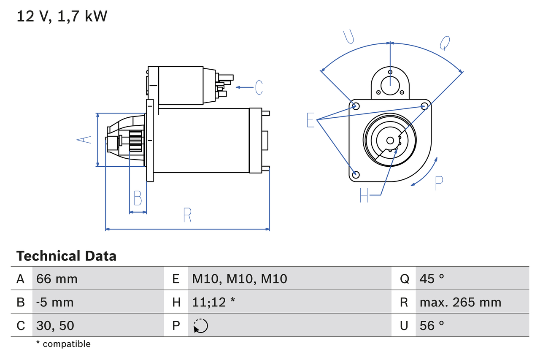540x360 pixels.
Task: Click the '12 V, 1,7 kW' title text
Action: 62,16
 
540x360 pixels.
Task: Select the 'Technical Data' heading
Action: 66,256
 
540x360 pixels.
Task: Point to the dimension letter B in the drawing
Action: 138,198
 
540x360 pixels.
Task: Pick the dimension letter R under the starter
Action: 187,215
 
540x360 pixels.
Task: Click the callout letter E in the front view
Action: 310,120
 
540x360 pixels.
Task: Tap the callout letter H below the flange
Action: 364,195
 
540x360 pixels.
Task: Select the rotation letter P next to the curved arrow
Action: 439,183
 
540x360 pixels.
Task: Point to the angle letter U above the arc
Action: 348,37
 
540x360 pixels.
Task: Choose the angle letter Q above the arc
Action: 445,43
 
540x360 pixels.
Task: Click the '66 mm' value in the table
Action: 57,279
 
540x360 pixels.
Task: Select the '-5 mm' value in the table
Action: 55,302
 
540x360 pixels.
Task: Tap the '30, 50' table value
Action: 55,325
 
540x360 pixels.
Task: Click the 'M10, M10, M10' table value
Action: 240,279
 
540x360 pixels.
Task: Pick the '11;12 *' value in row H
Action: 213,302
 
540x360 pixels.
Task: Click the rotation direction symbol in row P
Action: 201,326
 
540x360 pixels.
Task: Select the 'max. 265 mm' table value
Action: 460,302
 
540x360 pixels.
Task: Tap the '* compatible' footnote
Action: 63,344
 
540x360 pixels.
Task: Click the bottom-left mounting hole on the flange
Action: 356,174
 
